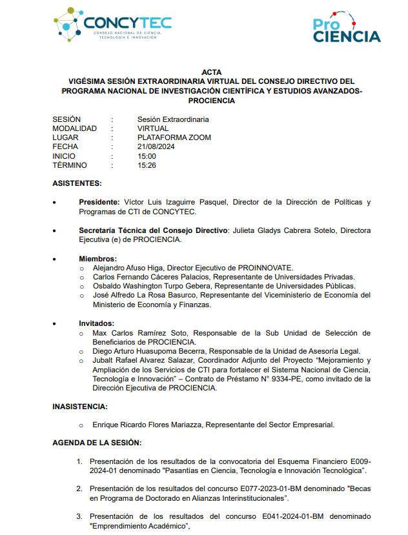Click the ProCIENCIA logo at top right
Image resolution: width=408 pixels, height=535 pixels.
(347, 30)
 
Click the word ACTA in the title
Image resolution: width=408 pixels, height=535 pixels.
(211, 72)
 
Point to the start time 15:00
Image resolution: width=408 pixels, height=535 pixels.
(147, 156)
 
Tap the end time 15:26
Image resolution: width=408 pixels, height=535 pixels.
(147, 165)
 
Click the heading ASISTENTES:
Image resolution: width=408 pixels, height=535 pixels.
(77, 183)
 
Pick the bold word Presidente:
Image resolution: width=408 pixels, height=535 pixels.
(99, 202)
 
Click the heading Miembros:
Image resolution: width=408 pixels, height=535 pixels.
(97, 259)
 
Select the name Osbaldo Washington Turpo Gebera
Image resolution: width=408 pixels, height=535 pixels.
(152, 286)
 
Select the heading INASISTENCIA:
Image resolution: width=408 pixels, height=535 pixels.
(80, 407)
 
